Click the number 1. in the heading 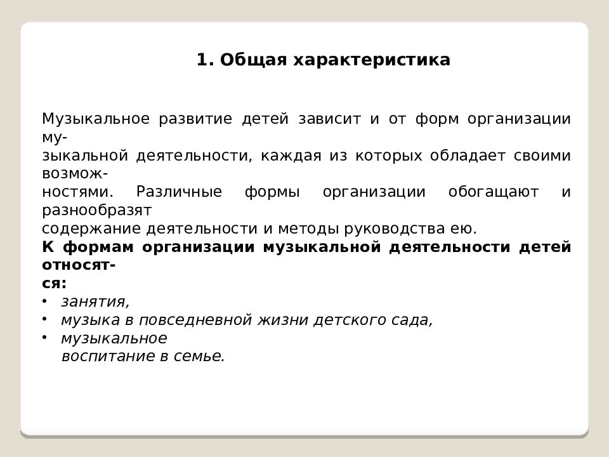pos(204,60)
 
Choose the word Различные pos(179,192)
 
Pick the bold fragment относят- pos(79,265)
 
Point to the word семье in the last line pos(202,357)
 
